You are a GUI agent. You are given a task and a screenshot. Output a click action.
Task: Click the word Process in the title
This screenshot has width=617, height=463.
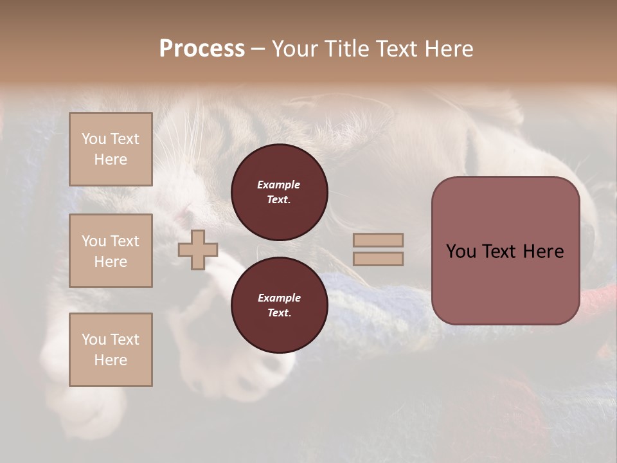coord(202,49)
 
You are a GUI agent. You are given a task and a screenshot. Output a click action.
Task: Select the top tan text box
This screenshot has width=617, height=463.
coord(111,149)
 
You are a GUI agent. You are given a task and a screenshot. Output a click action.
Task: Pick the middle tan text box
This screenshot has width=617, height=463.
coord(111,251)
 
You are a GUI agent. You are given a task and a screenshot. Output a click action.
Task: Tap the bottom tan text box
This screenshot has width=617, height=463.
coord(111,350)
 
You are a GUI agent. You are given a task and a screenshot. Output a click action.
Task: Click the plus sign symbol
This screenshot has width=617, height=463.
coord(198,250)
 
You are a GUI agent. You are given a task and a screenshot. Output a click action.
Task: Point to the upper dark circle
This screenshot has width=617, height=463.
coord(280,192)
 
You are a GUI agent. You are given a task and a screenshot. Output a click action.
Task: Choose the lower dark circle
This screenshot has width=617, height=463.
coord(280,305)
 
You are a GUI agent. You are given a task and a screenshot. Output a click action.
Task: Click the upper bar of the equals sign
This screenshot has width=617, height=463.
coord(378,241)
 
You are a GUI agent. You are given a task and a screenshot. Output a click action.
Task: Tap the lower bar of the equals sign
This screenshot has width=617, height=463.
coord(378,259)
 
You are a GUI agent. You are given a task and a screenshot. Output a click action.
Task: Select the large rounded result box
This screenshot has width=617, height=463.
coord(505,251)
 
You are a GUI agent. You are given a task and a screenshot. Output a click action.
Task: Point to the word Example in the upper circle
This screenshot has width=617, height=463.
coord(279,185)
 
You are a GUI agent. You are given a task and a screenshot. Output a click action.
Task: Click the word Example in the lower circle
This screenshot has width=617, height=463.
coord(279,298)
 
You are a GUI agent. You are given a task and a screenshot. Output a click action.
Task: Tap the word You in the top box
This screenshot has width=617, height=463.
coord(94,139)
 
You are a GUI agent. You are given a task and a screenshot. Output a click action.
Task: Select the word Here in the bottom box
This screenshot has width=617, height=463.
coord(111,360)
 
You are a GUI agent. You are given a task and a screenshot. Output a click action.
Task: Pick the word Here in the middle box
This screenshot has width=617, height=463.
coord(111,262)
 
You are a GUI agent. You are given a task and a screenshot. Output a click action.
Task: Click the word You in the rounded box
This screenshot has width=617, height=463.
coord(461,251)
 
